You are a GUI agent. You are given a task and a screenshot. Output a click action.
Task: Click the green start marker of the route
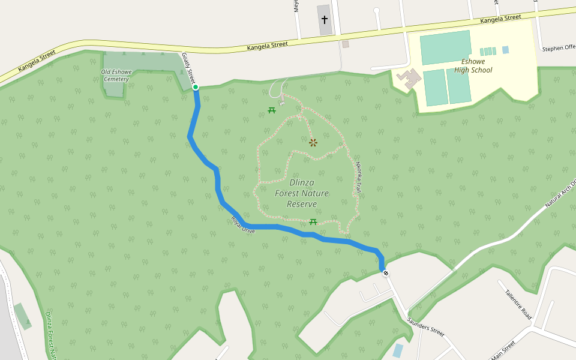[x=196, y=88]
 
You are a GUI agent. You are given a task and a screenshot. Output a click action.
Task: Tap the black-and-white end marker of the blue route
[x=386, y=274]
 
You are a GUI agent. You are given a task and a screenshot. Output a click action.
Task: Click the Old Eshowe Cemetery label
[x=116, y=76]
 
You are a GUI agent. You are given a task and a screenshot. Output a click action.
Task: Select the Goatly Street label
[x=189, y=68]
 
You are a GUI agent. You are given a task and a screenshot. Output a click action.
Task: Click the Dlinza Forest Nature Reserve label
[x=302, y=193]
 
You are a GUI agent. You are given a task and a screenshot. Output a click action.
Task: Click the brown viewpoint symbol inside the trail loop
[x=313, y=142]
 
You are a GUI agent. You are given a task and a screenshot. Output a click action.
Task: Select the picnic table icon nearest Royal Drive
[x=313, y=222]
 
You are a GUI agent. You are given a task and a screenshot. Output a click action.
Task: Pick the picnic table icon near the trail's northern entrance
[x=272, y=110]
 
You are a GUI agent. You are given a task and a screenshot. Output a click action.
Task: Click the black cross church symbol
[x=325, y=20]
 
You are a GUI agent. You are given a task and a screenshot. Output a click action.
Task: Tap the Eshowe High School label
[x=473, y=66]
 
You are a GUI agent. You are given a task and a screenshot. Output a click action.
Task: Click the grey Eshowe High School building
[x=410, y=79]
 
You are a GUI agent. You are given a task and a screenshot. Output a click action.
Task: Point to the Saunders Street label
[x=425, y=328]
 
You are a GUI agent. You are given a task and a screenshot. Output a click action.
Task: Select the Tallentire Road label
[x=518, y=304]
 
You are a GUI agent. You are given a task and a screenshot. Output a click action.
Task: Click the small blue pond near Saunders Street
[x=398, y=350]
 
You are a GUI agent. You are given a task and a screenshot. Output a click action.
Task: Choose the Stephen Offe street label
[x=558, y=49]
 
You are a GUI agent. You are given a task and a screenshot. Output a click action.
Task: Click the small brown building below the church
[x=345, y=44]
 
